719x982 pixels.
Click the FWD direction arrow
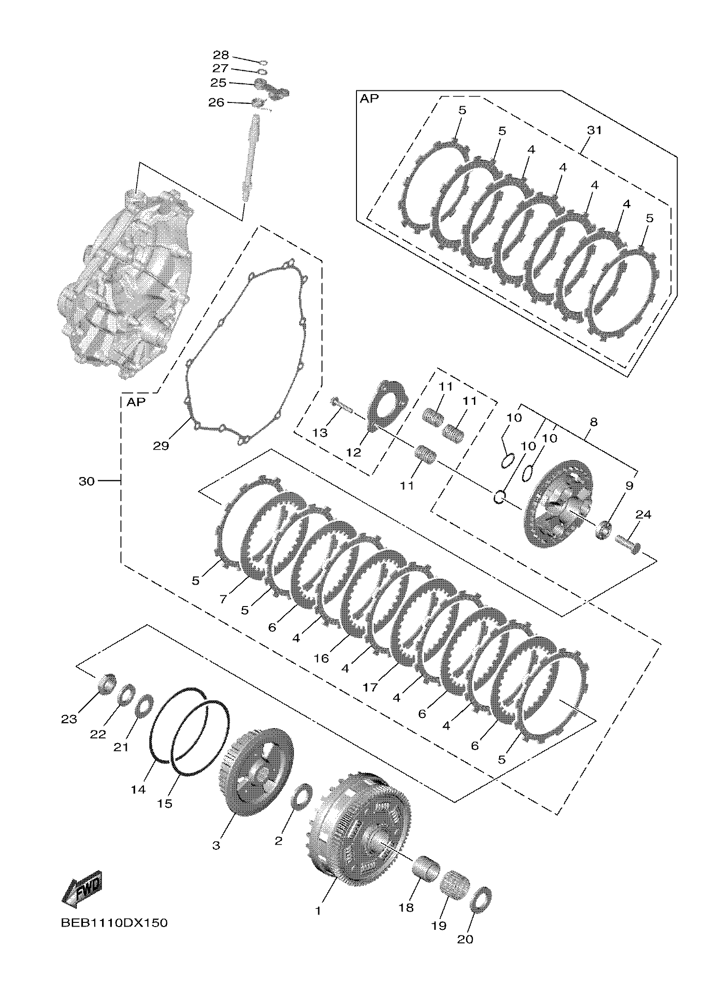click(82, 889)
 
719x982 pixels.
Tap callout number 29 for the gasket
click(161, 446)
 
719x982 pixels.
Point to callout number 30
click(87, 481)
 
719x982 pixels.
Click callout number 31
click(594, 130)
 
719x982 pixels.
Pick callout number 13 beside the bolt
click(320, 433)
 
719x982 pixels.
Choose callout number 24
click(643, 515)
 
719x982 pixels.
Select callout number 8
click(593, 423)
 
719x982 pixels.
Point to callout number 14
click(138, 789)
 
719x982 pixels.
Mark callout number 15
click(165, 803)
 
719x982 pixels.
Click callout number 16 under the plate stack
click(322, 658)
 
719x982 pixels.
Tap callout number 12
click(354, 452)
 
